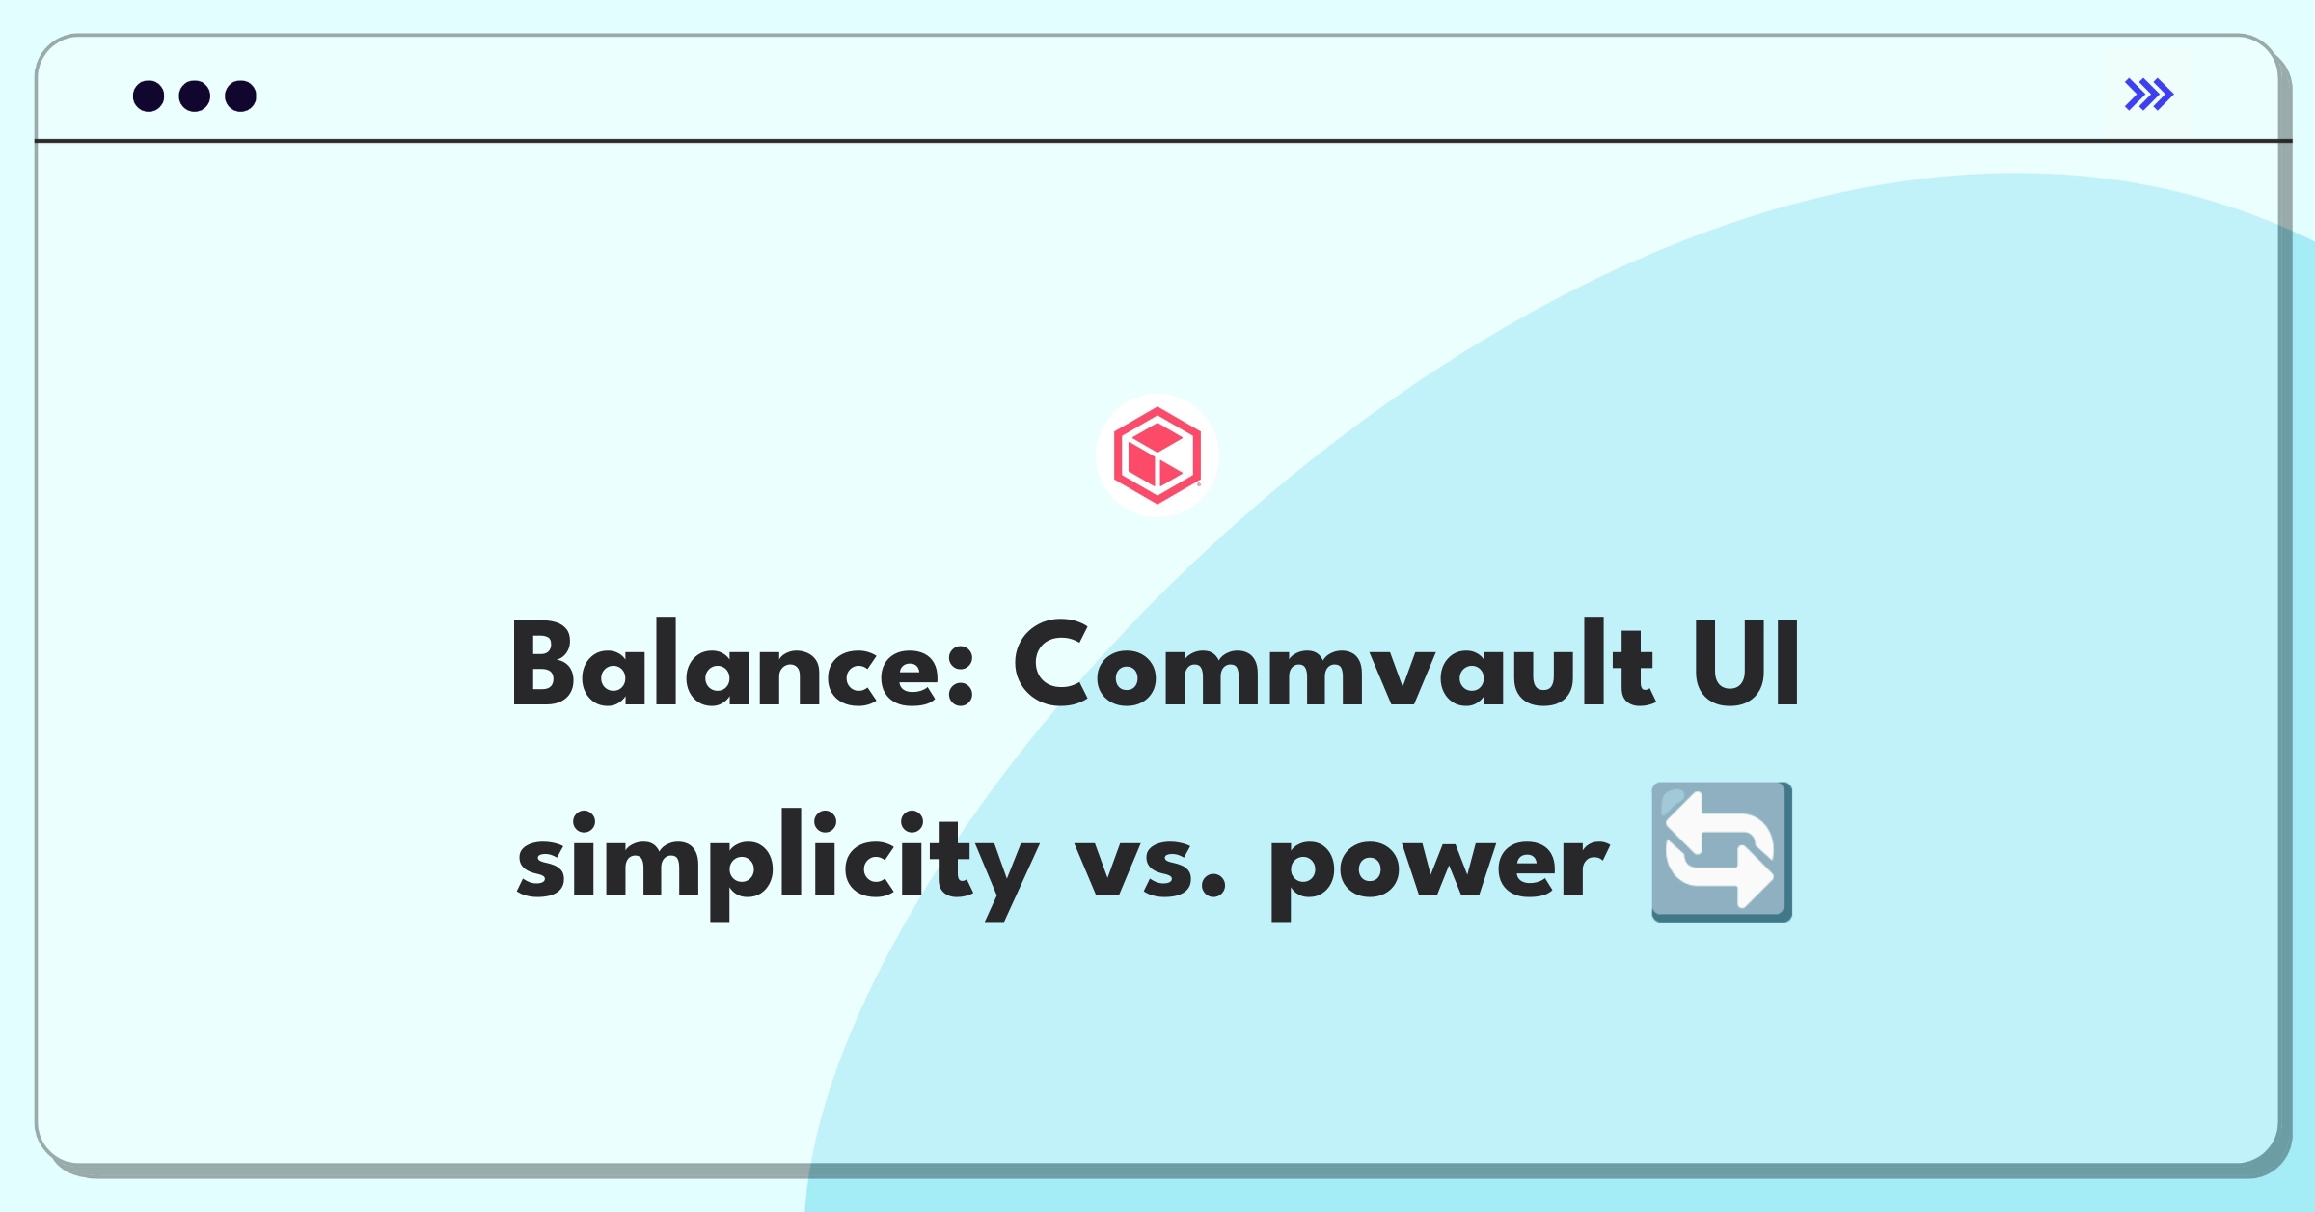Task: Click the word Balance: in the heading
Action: click(x=742, y=665)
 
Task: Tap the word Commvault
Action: click(x=1334, y=665)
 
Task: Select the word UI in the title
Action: click(x=1746, y=665)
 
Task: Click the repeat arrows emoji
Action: click(x=1722, y=852)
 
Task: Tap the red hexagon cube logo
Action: click(x=1157, y=455)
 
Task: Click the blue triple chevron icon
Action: click(x=2149, y=95)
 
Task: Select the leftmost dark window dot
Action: click(x=149, y=96)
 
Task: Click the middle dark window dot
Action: click(x=195, y=96)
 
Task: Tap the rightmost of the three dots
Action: click(x=241, y=96)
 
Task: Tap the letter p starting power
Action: click(x=1306, y=874)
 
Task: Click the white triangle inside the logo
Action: click(x=1170, y=471)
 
